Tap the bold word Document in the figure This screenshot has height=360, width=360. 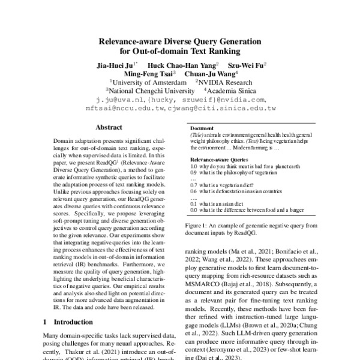point(202,128)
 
